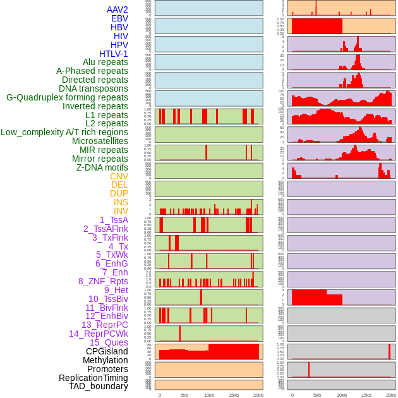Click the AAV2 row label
(x=117, y=9)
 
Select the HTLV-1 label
(x=113, y=54)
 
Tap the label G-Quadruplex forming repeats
(x=67, y=97)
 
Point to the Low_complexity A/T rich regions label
(x=64, y=132)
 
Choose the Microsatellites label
(x=100, y=141)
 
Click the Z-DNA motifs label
(x=102, y=167)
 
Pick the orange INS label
(x=121, y=202)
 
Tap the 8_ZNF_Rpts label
(x=103, y=281)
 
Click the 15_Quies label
(x=108, y=342)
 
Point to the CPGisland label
(x=107, y=351)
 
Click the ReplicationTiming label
(x=93, y=378)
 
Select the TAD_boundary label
(x=98, y=386)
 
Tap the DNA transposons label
(x=93, y=88)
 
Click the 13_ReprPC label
(x=104, y=325)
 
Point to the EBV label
(x=119, y=18)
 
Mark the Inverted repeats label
(x=95, y=106)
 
